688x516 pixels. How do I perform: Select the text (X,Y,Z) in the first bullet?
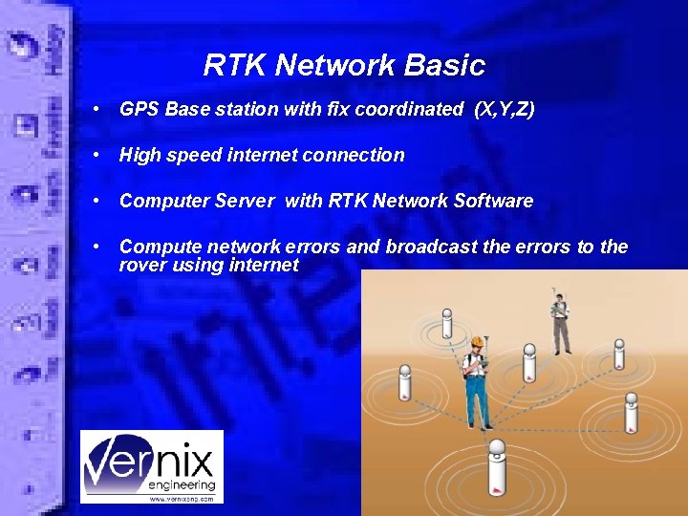pos(505,110)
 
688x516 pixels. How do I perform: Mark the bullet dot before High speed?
pos(98,154)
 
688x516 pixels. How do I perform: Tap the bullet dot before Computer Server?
pos(98,200)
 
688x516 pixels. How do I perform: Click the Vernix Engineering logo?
pos(151,466)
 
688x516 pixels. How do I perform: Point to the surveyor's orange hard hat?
pos(473,343)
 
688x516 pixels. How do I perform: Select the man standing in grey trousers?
pos(560,320)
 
